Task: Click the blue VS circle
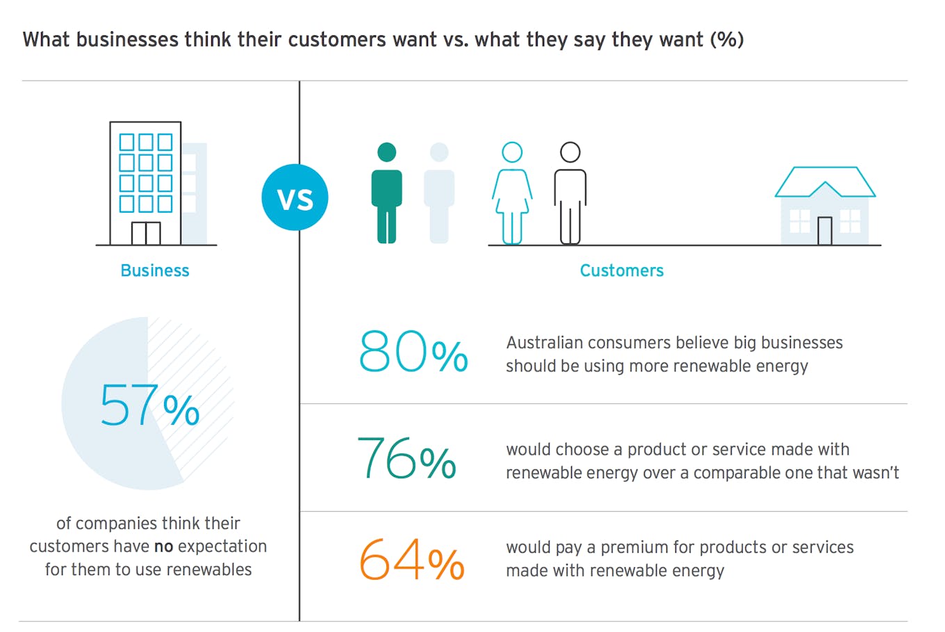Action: pos(295,197)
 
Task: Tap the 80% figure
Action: pos(413,352)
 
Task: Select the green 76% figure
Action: pos(406,458)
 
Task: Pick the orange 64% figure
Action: pos(411,560)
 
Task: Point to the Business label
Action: pos(154,270)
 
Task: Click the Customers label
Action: pos(621,270)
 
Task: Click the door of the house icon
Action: pos(824,231)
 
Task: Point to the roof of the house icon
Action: pos(825,179)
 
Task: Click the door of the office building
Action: pos(146,234)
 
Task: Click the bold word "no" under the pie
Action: pos(163,546)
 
